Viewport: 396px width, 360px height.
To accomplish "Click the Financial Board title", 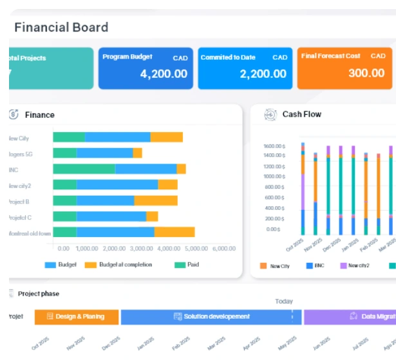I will [x=61, y=27].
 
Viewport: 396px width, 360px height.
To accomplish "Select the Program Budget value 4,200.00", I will [x=164, y=73].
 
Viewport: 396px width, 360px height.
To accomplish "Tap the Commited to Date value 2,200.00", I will [x=263, y=73].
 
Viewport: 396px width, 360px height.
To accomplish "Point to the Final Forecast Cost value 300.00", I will [x=366, y=73].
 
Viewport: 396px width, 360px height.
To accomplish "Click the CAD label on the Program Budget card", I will [x=180, y=58].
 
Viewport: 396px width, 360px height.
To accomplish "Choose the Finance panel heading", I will [x=39, y=115].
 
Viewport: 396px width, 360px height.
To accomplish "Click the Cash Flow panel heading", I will [x=301, y=114].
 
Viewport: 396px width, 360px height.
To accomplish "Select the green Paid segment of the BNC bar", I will [x=84, y=169].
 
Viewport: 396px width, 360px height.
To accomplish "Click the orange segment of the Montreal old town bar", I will [x=174, y=232].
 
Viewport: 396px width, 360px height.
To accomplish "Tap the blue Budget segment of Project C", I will [x=111, y=216].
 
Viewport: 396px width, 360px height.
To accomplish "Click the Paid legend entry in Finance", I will [x=193, y=265].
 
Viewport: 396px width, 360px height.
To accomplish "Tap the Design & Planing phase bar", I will [x=76, y=317].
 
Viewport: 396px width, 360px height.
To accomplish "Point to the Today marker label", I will [x=284, y=301].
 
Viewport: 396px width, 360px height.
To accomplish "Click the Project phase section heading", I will [x=38, y=294].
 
